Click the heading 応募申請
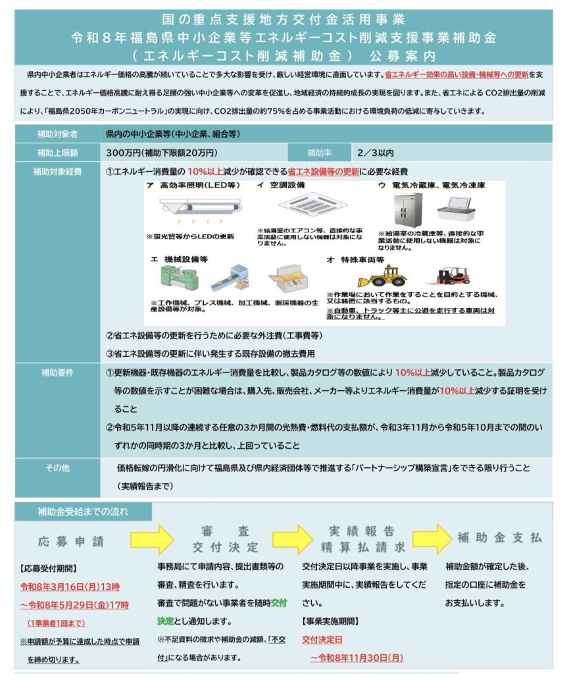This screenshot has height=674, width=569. [x=70, y=541]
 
